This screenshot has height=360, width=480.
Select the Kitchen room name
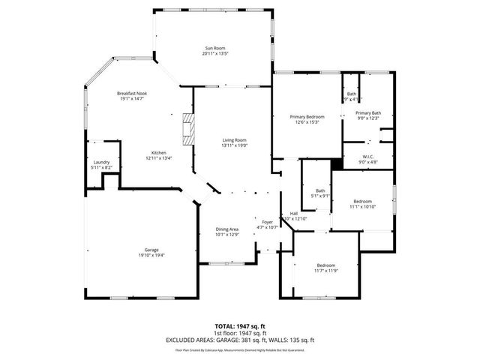pos(158,152)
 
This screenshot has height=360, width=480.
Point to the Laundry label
pos(101,162)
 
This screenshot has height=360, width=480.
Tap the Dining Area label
pos(227,229)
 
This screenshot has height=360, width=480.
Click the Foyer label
pos(267,222)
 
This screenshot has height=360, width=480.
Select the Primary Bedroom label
pos(307,117)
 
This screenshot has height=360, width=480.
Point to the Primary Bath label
pos(368,112)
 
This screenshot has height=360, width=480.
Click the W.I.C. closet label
pos(368,156)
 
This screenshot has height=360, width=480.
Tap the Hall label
pos(293,214)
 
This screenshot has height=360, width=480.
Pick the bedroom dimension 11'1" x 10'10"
pos(363,207)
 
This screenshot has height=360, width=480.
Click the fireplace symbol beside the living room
pos(188,129)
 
